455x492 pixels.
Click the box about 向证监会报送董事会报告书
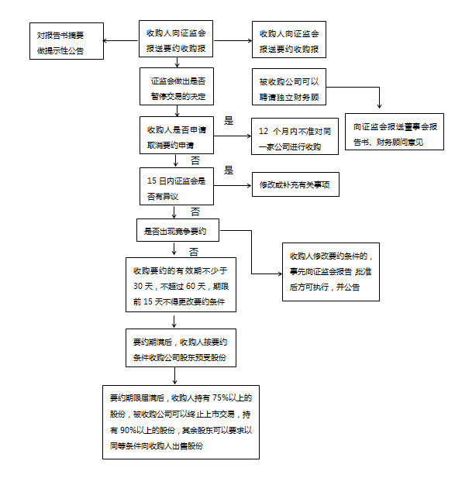pyautogui.click(x=394, y=130)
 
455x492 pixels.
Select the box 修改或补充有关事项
pyautogui.click(x=295, y=186)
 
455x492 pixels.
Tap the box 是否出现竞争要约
pyautogui.click(x=178, y=230)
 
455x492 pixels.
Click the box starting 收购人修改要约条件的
pyautogui.click(x=331, y=271)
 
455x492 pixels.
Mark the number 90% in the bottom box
pyautogui.click(x=129, y=429)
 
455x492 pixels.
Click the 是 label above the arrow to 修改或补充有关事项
pyautogui.click(x=229, y=170)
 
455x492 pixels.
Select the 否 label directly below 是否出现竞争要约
pyautogui.click(x=194, y=252)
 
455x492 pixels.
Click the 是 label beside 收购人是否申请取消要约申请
pyautogui.click(x=229, y=120)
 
